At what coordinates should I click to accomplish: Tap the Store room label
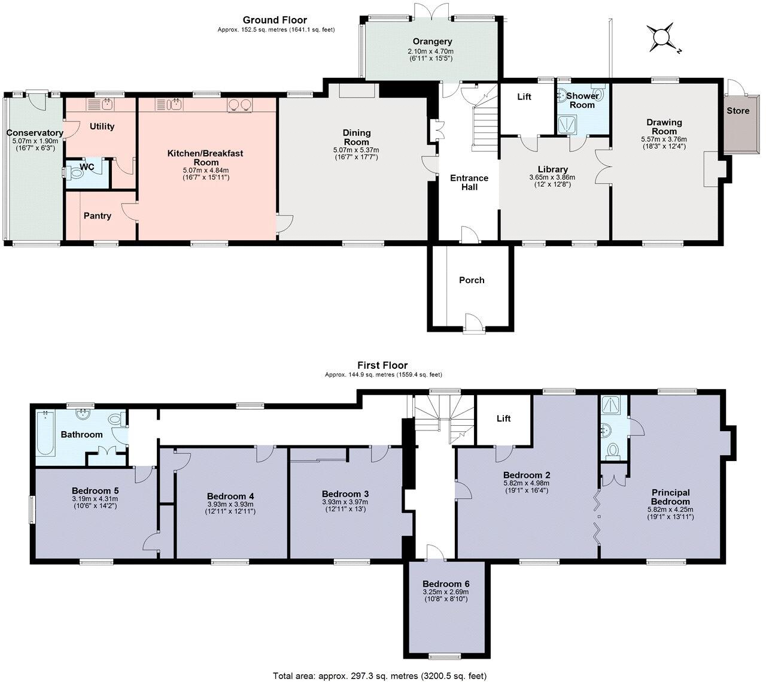[x=738, y=111]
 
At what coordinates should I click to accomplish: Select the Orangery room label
[x=433, y=41]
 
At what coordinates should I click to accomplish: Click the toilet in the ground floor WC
[x=75, y=174]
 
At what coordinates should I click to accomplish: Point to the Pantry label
[x=97, y=216]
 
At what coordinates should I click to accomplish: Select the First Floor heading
[x=382, y=365]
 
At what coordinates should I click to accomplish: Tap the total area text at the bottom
[x=380, y=675]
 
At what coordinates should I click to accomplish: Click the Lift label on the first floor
[x=503, y=419]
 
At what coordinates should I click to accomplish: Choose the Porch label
[x=472, y=280]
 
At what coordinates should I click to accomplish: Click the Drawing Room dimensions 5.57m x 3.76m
[x=664, y=139]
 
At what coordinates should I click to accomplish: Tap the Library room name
[x=552, y=169]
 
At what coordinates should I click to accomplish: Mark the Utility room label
[x=102, y=126]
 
